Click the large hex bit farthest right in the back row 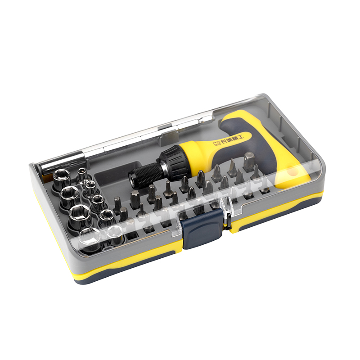pos(249,161)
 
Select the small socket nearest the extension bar pos(82,174)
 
